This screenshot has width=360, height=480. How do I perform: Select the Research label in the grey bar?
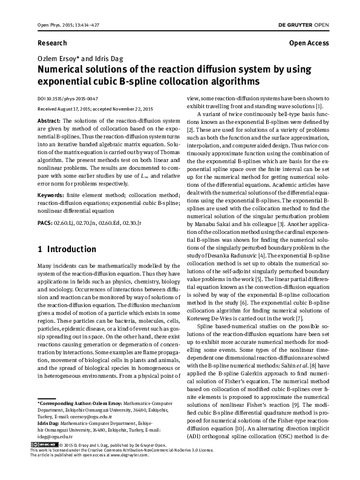coord(52,44)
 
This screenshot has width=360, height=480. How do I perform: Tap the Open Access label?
coord(309,44)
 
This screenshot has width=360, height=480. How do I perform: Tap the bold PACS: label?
coord(46,223)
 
